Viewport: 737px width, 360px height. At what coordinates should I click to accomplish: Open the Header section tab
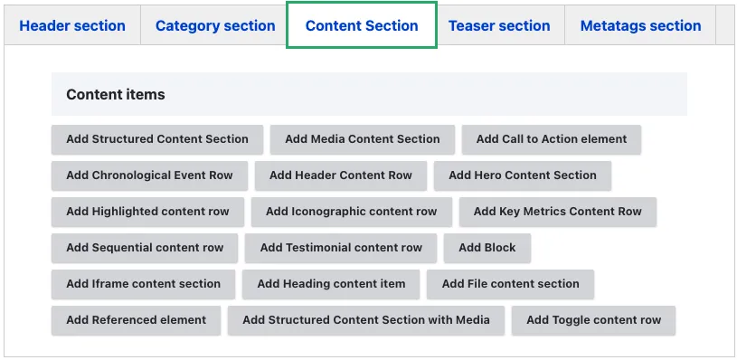[x=72, y=25]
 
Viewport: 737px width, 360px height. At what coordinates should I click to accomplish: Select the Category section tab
[x=215, y=25]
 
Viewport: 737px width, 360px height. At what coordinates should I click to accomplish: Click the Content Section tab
[x=362, y=25]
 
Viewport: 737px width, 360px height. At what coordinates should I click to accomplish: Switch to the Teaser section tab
[x=499, y=25]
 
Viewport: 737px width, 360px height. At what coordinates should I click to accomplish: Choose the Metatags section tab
[x=640, y=25]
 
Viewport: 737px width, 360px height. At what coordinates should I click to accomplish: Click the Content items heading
[x=116, y=94]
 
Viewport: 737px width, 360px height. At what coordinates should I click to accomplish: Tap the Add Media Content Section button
[x=363, y=139]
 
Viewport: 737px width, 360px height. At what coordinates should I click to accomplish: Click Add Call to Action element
[x=552, y=139]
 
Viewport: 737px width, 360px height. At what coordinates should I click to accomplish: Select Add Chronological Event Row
[x=149, y=175]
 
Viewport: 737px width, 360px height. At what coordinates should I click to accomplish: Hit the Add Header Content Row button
[x=341, y=175]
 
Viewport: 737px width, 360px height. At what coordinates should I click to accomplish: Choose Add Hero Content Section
[x=523, y=175]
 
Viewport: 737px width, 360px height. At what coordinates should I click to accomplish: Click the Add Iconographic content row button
[x=352, y=212]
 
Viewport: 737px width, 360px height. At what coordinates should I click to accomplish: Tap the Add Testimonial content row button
[x=341, y=248]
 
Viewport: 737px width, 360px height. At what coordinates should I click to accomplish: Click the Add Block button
[x=487, y=248]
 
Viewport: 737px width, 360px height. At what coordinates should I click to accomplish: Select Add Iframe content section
[x=144, y=284]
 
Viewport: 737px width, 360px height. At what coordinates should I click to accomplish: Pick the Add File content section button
[x=510, y=284]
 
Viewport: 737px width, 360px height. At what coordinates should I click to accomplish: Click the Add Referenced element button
[x=137, y=320]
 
